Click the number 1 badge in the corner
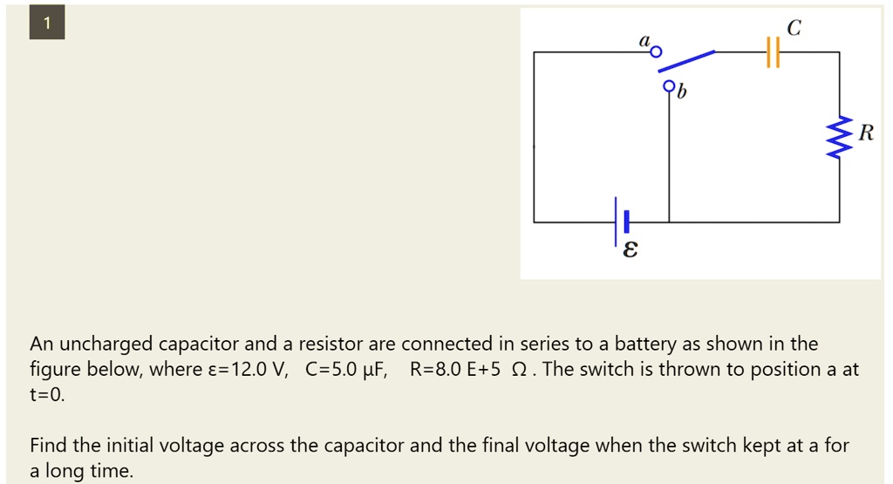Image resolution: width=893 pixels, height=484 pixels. coord(47,25)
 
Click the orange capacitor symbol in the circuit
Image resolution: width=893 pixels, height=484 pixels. coord(771,52)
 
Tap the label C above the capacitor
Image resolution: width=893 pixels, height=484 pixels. coord(793,29)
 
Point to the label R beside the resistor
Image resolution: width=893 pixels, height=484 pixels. coord(864,133)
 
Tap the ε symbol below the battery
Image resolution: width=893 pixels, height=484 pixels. coord(630,251)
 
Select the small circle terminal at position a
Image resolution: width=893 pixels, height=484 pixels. coord(657,53)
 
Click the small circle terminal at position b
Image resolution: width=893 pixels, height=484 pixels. coord(669,86)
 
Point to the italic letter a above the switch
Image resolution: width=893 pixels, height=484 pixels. coord(644,40)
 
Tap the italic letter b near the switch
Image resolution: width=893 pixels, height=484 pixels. coord(682,91)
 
